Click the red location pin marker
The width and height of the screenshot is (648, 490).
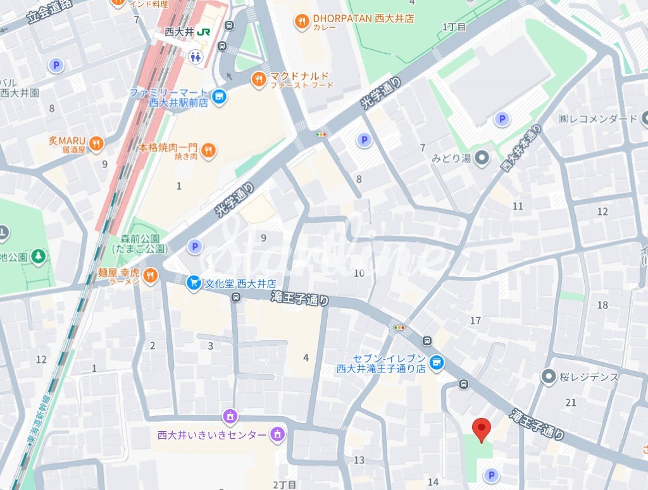tap(482, 430)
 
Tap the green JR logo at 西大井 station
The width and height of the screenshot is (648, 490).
tap(204, 32)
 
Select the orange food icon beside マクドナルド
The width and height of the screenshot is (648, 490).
tap(258, 79)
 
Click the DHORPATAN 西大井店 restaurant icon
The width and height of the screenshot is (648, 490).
tap(302, 22)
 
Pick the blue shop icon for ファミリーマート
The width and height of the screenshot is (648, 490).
tap(219, 96)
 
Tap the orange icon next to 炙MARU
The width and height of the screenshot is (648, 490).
tap(96, 144)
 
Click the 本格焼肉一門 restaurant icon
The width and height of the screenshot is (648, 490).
tap(208, 150)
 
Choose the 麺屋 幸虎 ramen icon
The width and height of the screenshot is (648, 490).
tap(149, 276)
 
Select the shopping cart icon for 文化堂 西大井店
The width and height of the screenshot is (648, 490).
tap(194, 284)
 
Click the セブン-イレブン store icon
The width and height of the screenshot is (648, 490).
tap(435, 362)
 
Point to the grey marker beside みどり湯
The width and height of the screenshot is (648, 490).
tap(483, 158)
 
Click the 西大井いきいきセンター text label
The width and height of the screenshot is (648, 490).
tap(212, 435)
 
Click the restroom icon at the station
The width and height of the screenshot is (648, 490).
tap(196, 56)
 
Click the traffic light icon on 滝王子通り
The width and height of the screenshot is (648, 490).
tap(399, 328)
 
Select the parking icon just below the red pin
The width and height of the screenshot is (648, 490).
tap(490, 474)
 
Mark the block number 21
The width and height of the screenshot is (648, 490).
tap(571, 403)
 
